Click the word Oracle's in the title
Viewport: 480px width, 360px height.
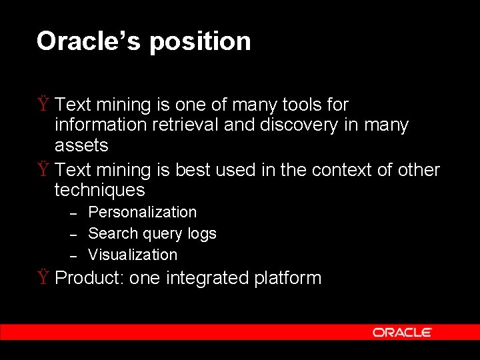point(89,41)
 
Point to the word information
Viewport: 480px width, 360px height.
point(101,125)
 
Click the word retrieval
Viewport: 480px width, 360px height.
point(185,125)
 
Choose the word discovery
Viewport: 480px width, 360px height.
point(299,125)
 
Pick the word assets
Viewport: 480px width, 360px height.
point(81,145)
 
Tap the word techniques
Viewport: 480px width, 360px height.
point(99,191)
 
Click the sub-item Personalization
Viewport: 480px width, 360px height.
point(142,213)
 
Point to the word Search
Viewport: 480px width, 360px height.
point(112,233)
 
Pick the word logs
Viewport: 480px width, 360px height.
point(201,234)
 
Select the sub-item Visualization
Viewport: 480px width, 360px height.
point(133,255)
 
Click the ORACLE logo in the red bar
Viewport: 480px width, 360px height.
point(402,332)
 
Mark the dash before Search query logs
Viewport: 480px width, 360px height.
point(75,234)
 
